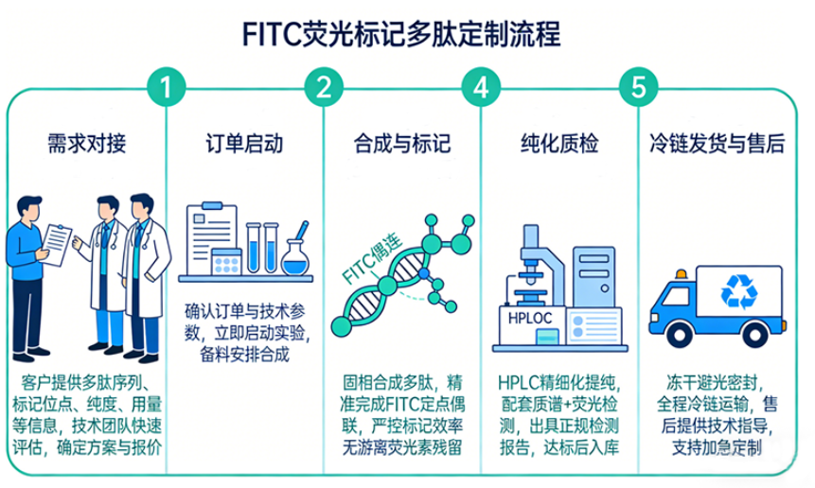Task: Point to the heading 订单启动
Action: pos(244,145)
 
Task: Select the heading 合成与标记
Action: pos(402,145)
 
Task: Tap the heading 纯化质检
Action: pos(559,145)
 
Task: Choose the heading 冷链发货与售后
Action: pos(717,145)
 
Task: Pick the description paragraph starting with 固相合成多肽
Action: pos(402,415)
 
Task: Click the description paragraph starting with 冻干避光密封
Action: pos(717,415)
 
